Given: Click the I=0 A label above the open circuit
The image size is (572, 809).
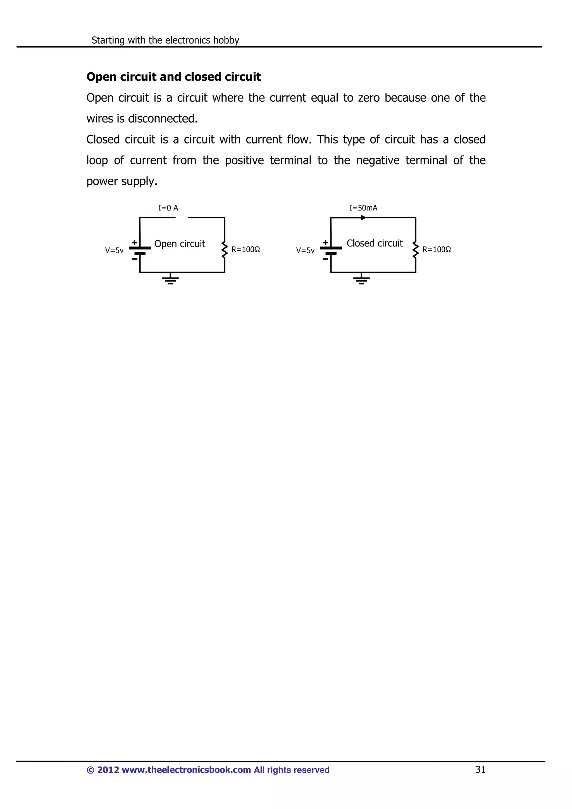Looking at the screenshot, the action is point(168,208).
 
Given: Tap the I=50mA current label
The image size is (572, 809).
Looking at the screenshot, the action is point(363,208).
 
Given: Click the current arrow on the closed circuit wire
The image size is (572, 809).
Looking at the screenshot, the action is point(363,218).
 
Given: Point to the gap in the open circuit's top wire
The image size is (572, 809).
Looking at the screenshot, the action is point(182,218).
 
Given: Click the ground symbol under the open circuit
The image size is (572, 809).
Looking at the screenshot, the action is point(171,279).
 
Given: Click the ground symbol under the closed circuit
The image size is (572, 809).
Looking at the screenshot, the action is point(361,279).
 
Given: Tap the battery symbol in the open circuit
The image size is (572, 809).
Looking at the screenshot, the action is point(140,250).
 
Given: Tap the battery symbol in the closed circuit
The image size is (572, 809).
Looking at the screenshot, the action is point(331,250).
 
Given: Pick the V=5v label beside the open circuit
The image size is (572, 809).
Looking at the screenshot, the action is point(114,250).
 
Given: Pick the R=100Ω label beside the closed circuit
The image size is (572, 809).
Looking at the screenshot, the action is point(437,250).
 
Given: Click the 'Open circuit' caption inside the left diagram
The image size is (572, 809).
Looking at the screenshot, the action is point(180,244).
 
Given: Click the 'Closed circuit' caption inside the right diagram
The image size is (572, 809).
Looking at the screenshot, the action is point(375,243).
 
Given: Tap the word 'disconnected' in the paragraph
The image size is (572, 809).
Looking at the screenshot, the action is point(163,118).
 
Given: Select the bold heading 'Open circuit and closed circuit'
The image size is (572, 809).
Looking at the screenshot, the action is point(174,77).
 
